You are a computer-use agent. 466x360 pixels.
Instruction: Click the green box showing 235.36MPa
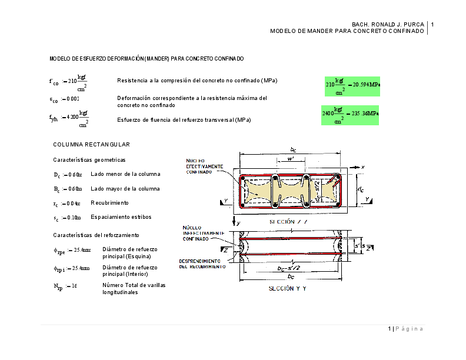350,113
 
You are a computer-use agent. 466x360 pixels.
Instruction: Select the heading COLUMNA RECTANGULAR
91,144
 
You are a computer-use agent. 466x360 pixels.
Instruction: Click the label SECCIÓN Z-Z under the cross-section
288,222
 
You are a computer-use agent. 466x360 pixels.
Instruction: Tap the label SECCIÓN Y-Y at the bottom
288,289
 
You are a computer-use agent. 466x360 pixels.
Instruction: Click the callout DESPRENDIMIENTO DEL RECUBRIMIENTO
203,264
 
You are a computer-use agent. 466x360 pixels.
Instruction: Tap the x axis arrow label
364,167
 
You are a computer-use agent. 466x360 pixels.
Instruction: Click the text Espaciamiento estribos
121,217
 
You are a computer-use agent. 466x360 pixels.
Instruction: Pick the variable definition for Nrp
65,287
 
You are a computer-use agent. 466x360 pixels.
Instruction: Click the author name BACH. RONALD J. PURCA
388,24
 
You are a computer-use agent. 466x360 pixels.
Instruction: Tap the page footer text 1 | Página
405,328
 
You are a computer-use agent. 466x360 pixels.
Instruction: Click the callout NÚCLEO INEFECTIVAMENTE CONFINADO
199,234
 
